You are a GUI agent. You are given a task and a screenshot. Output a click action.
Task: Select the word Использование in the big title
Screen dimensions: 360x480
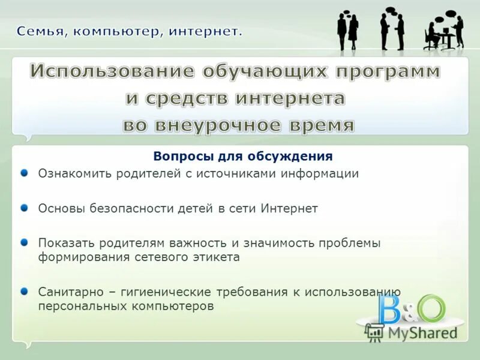pos(112,72)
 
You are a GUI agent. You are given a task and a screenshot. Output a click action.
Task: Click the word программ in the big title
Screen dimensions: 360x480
pos(388,72)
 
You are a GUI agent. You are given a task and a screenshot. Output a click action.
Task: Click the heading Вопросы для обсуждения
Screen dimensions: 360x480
pos(242,157)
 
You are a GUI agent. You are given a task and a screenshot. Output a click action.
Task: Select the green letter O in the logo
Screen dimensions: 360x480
pos(432,309)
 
